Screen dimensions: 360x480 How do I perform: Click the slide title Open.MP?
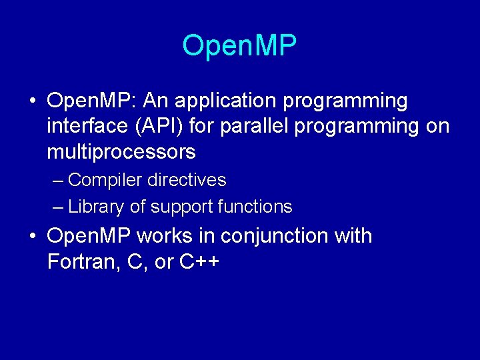(x=239, y=46)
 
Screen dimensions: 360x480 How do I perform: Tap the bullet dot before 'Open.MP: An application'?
(x=32, y=102)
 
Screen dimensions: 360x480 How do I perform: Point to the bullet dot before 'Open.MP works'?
(x=32, y=237)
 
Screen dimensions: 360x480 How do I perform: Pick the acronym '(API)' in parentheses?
(x=152, y=127)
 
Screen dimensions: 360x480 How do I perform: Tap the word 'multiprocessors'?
(x=121, y=152)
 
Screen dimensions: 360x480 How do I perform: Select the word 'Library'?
(x=96, y=207)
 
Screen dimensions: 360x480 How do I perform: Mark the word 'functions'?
(x=255, y=207)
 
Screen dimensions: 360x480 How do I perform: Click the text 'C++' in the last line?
(x=199, y=262)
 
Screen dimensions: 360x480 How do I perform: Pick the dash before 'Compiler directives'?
(x=58, y=181)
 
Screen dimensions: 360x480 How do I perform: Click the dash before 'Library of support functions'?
(x=58, y=207)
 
